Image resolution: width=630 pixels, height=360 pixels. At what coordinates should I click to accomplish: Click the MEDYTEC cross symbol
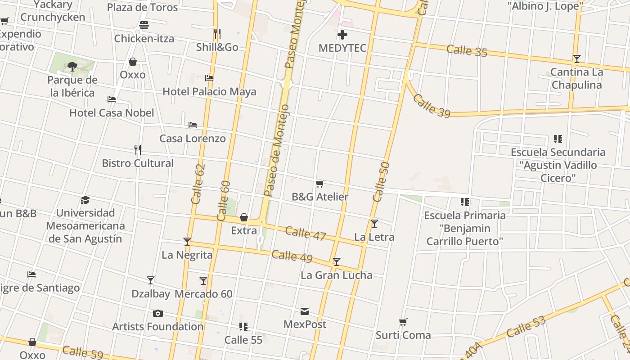[342, 35]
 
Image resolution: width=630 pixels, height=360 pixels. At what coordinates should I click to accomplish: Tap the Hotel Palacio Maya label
[209, 92]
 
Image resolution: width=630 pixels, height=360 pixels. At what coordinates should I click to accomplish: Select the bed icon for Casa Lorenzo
[193, 125]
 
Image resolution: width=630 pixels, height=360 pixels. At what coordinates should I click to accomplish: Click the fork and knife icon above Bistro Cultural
[138, 149]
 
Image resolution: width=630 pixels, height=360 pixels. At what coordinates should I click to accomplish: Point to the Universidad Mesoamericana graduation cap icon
[85, 200]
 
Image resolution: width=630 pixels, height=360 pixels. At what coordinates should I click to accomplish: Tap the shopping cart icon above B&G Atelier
[320, 184]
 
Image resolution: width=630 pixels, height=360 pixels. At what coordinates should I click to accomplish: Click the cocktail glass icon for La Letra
[374, 223]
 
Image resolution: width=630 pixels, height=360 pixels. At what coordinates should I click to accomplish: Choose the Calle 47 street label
[306, 233]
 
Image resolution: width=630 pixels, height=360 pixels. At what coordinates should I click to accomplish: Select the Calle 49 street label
[292, 256]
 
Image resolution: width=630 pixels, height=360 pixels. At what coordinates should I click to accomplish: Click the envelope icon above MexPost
[305, 311]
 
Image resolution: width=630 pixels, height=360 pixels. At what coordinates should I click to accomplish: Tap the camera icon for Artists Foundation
[157, 313]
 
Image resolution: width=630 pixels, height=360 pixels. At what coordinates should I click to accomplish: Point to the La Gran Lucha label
[336, 275]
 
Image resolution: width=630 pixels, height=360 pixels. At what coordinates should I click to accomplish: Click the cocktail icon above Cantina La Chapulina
[576, 58]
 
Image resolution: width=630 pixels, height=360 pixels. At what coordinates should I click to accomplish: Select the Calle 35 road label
[467, 50]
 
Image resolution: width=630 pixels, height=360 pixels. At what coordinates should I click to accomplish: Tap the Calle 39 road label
[431, 106]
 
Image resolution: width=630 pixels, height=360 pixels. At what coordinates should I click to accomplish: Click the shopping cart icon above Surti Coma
[403, 322]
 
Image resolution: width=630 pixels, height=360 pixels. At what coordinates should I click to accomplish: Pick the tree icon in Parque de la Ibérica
[72, 67]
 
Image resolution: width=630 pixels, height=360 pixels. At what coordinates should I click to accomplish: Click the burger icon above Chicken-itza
[144, 25]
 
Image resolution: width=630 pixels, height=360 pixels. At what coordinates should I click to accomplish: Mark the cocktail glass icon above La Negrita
[187, 242]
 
